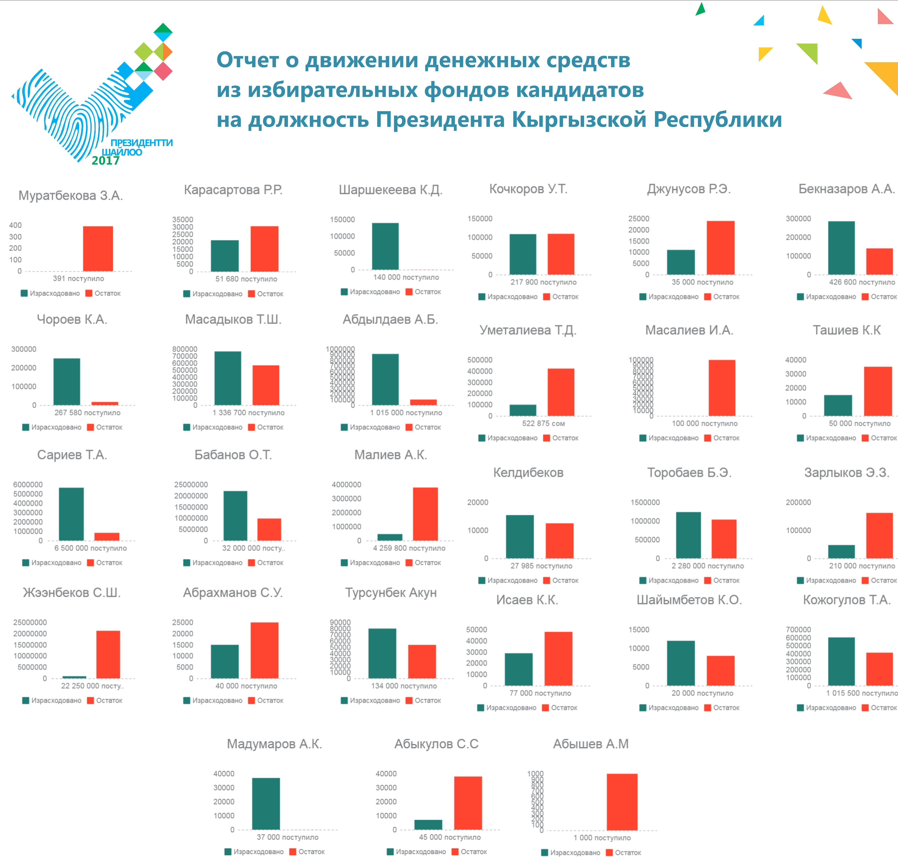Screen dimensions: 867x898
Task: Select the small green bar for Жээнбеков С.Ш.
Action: [x=74, y=677]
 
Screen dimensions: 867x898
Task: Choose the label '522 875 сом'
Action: [x=543, y=424]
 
